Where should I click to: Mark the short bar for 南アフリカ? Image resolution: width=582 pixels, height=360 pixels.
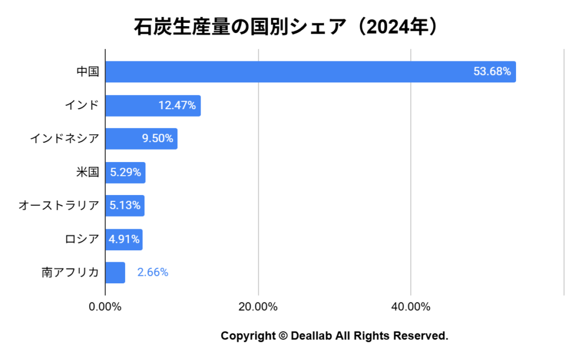(x=115, y=272)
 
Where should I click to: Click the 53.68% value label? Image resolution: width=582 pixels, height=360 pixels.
(x=492, y=72)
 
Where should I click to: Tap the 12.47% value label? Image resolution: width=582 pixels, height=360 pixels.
(x=177, y=106)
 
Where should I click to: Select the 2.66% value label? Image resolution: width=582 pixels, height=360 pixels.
(x=152, y=272)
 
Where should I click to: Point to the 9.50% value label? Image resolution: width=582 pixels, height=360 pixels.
(x=157, y=139)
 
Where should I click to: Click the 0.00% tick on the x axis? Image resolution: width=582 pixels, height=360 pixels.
(x=105, y=307)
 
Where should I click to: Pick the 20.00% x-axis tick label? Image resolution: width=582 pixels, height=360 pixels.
(x=258, y=307)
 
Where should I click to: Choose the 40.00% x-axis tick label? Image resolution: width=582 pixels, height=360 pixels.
(x=411, y=307)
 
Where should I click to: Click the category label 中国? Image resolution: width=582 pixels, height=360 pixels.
(x=88, y=72)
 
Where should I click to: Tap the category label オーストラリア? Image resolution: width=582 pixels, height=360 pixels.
(x=59, y=205)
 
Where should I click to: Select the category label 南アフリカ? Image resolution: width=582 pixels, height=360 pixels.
(x=70, y=272)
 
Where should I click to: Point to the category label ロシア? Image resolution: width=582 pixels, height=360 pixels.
(x=82, y=239)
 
